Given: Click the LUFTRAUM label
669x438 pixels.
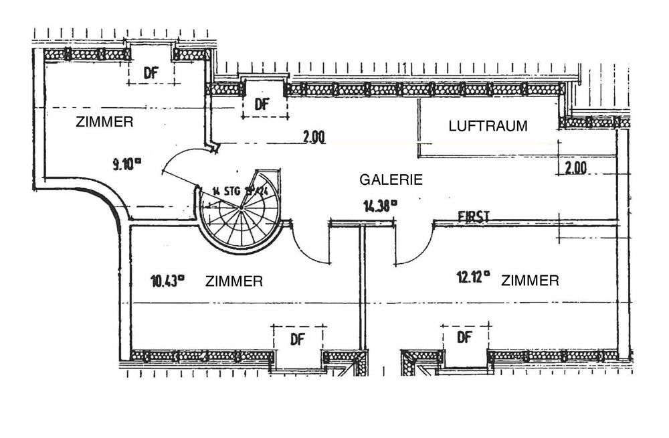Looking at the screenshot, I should click(488, 126).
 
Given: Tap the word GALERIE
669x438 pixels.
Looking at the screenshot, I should click(391, 179).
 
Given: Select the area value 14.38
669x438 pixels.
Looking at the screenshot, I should click(379, 206).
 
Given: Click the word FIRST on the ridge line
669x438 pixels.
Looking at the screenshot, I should click(474, 216).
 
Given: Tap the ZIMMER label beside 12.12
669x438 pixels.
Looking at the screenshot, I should click(530, 281).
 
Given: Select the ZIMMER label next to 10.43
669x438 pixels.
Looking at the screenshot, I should click(233, 281).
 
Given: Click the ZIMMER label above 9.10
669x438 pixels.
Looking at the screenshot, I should click(105, 123).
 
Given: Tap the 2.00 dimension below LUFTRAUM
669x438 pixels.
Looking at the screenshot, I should click(576, 168).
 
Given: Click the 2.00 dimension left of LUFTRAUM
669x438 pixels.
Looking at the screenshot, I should click(313, 137).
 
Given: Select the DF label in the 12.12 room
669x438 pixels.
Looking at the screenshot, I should click(464, 338).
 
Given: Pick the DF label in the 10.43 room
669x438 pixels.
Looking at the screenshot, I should click(297, 339).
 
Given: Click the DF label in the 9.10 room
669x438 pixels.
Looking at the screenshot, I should click(151, 74).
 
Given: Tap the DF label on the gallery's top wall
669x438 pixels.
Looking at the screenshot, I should click(262, 104).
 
